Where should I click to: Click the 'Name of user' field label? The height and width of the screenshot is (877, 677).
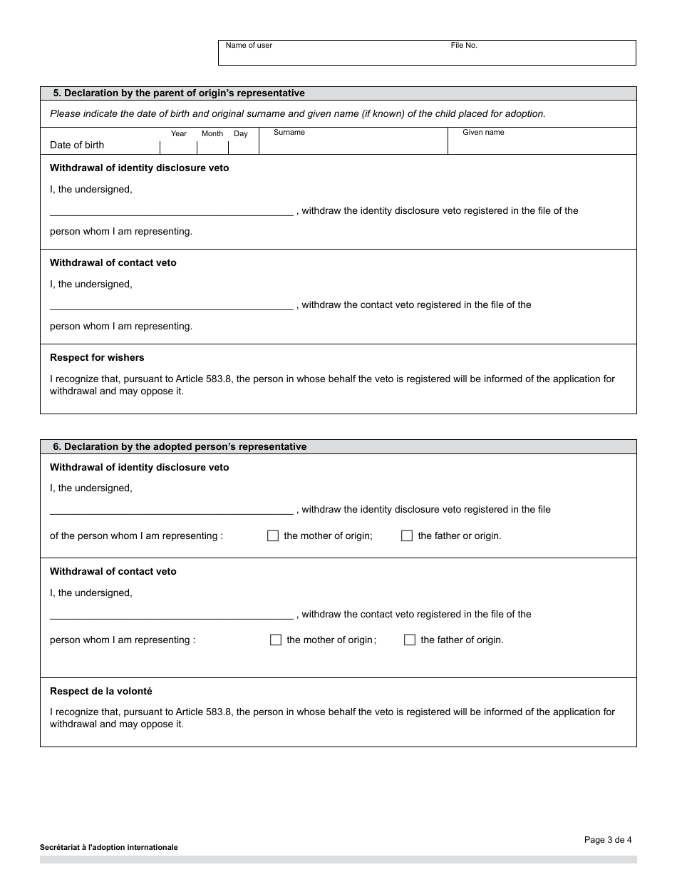249,46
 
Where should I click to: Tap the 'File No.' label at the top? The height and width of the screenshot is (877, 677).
464,46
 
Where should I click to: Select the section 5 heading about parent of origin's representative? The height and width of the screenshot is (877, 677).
179,93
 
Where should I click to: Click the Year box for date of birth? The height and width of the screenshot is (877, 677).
179,147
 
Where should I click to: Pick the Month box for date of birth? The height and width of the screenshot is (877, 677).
212,147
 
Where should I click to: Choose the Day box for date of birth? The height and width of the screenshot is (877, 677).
243,147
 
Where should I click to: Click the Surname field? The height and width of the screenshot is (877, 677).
353,145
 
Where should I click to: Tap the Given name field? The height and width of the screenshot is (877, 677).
542,145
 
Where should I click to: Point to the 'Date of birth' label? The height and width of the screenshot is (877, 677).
77,145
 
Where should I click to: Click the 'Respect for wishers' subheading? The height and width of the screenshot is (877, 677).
97,358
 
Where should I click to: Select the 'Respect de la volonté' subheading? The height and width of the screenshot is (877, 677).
100,692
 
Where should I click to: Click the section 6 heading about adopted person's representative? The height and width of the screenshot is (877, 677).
180,447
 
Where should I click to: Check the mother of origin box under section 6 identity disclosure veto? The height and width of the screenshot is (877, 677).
273,536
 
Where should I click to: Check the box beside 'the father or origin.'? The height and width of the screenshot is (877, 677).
407,536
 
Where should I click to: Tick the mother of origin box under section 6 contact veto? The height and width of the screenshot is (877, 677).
276,640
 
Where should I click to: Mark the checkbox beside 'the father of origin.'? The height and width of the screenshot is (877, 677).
410,640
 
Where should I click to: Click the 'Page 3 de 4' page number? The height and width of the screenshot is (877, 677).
608,840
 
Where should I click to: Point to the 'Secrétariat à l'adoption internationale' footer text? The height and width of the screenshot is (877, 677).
109,848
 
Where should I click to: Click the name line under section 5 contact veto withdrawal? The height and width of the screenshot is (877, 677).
171,305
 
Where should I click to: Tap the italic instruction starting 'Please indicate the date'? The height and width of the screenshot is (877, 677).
297,114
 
